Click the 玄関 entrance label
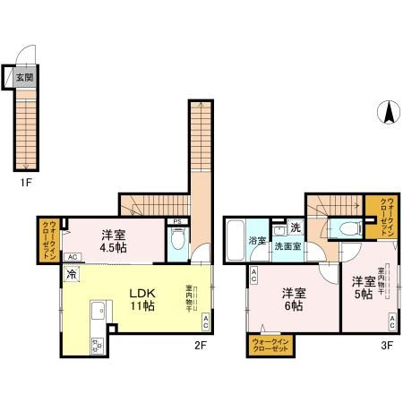(x=23, y=78)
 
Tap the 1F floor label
(x=28, y=183)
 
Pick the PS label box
(x=177, y=221)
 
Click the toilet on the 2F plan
(x=178, y=241)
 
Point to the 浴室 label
(x=254, y=241)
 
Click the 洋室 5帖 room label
(x=364, y=284)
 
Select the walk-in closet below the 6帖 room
(x=270, y=346)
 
